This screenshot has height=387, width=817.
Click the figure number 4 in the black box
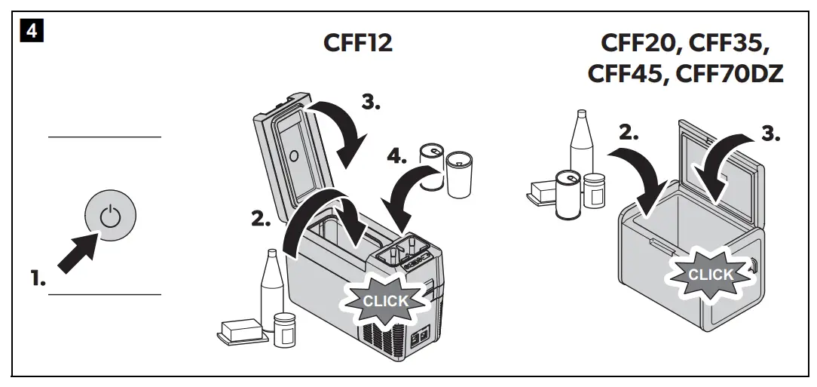pyautogui.click(x=30, y=33)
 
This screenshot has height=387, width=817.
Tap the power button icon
pyautogui.click(x=111, y=217)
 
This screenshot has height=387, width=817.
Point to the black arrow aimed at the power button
pyautogui.click(x=78, y=253)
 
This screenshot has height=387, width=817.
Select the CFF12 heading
pyautogui.click(x=357, y=44)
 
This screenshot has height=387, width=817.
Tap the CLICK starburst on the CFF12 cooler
pyautogui.click(x=385, y=300)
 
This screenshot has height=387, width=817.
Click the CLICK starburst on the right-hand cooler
pyautogui.click(x=710, y=275)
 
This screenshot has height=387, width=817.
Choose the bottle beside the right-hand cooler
pyautogui.click(x=580, y=147)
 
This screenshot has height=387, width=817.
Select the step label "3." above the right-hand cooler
pyautogui.click(x=770, y=134)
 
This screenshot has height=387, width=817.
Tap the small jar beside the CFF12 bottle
pyautogui.click(x=284, y=329)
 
